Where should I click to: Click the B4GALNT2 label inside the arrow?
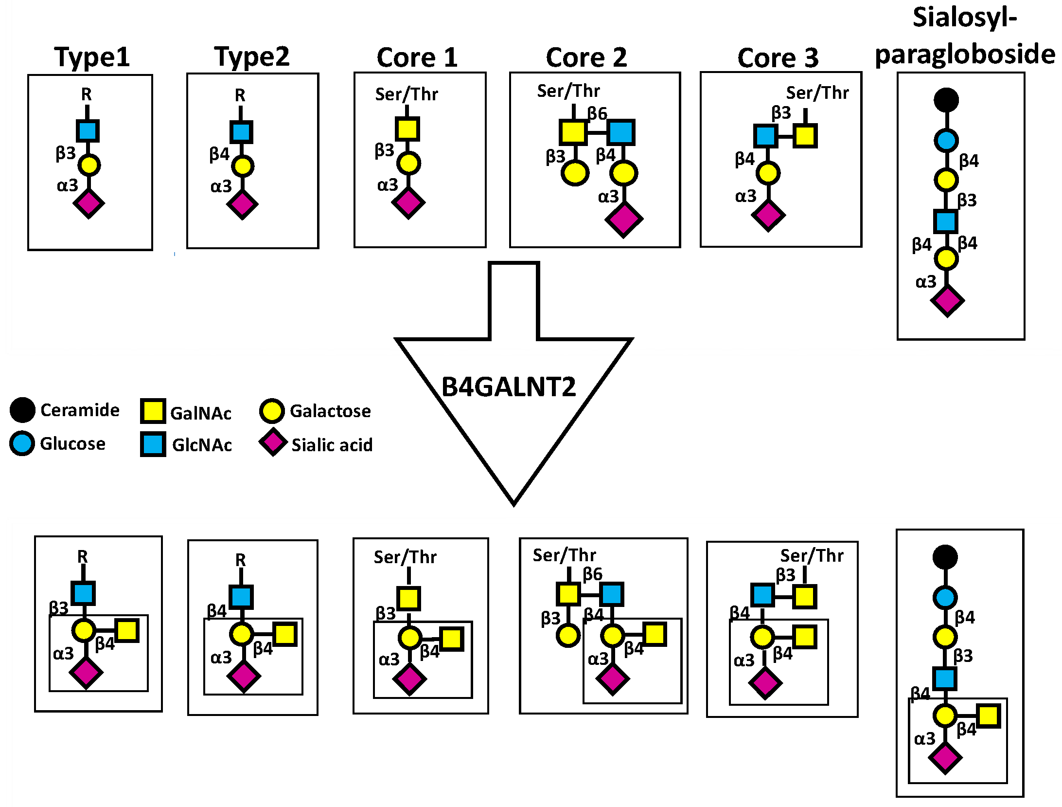508,387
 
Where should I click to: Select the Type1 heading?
92,57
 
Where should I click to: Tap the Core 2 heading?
586,58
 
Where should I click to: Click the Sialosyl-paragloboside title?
965,37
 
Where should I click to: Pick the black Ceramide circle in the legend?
22,410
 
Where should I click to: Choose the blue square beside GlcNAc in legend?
153,444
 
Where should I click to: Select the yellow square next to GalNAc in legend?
153,411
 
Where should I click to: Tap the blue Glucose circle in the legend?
22,443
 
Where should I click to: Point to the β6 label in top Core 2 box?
597,114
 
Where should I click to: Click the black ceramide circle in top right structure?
946,100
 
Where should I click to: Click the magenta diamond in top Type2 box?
242,204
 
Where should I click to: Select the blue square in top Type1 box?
88,131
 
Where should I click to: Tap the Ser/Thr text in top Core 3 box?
817,93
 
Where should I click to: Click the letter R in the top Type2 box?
240,95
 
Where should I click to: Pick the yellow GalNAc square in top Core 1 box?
407,129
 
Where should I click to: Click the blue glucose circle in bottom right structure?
945,598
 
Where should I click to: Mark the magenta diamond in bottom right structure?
945,758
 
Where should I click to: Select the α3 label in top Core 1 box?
388,185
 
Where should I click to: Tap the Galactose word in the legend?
330,411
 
